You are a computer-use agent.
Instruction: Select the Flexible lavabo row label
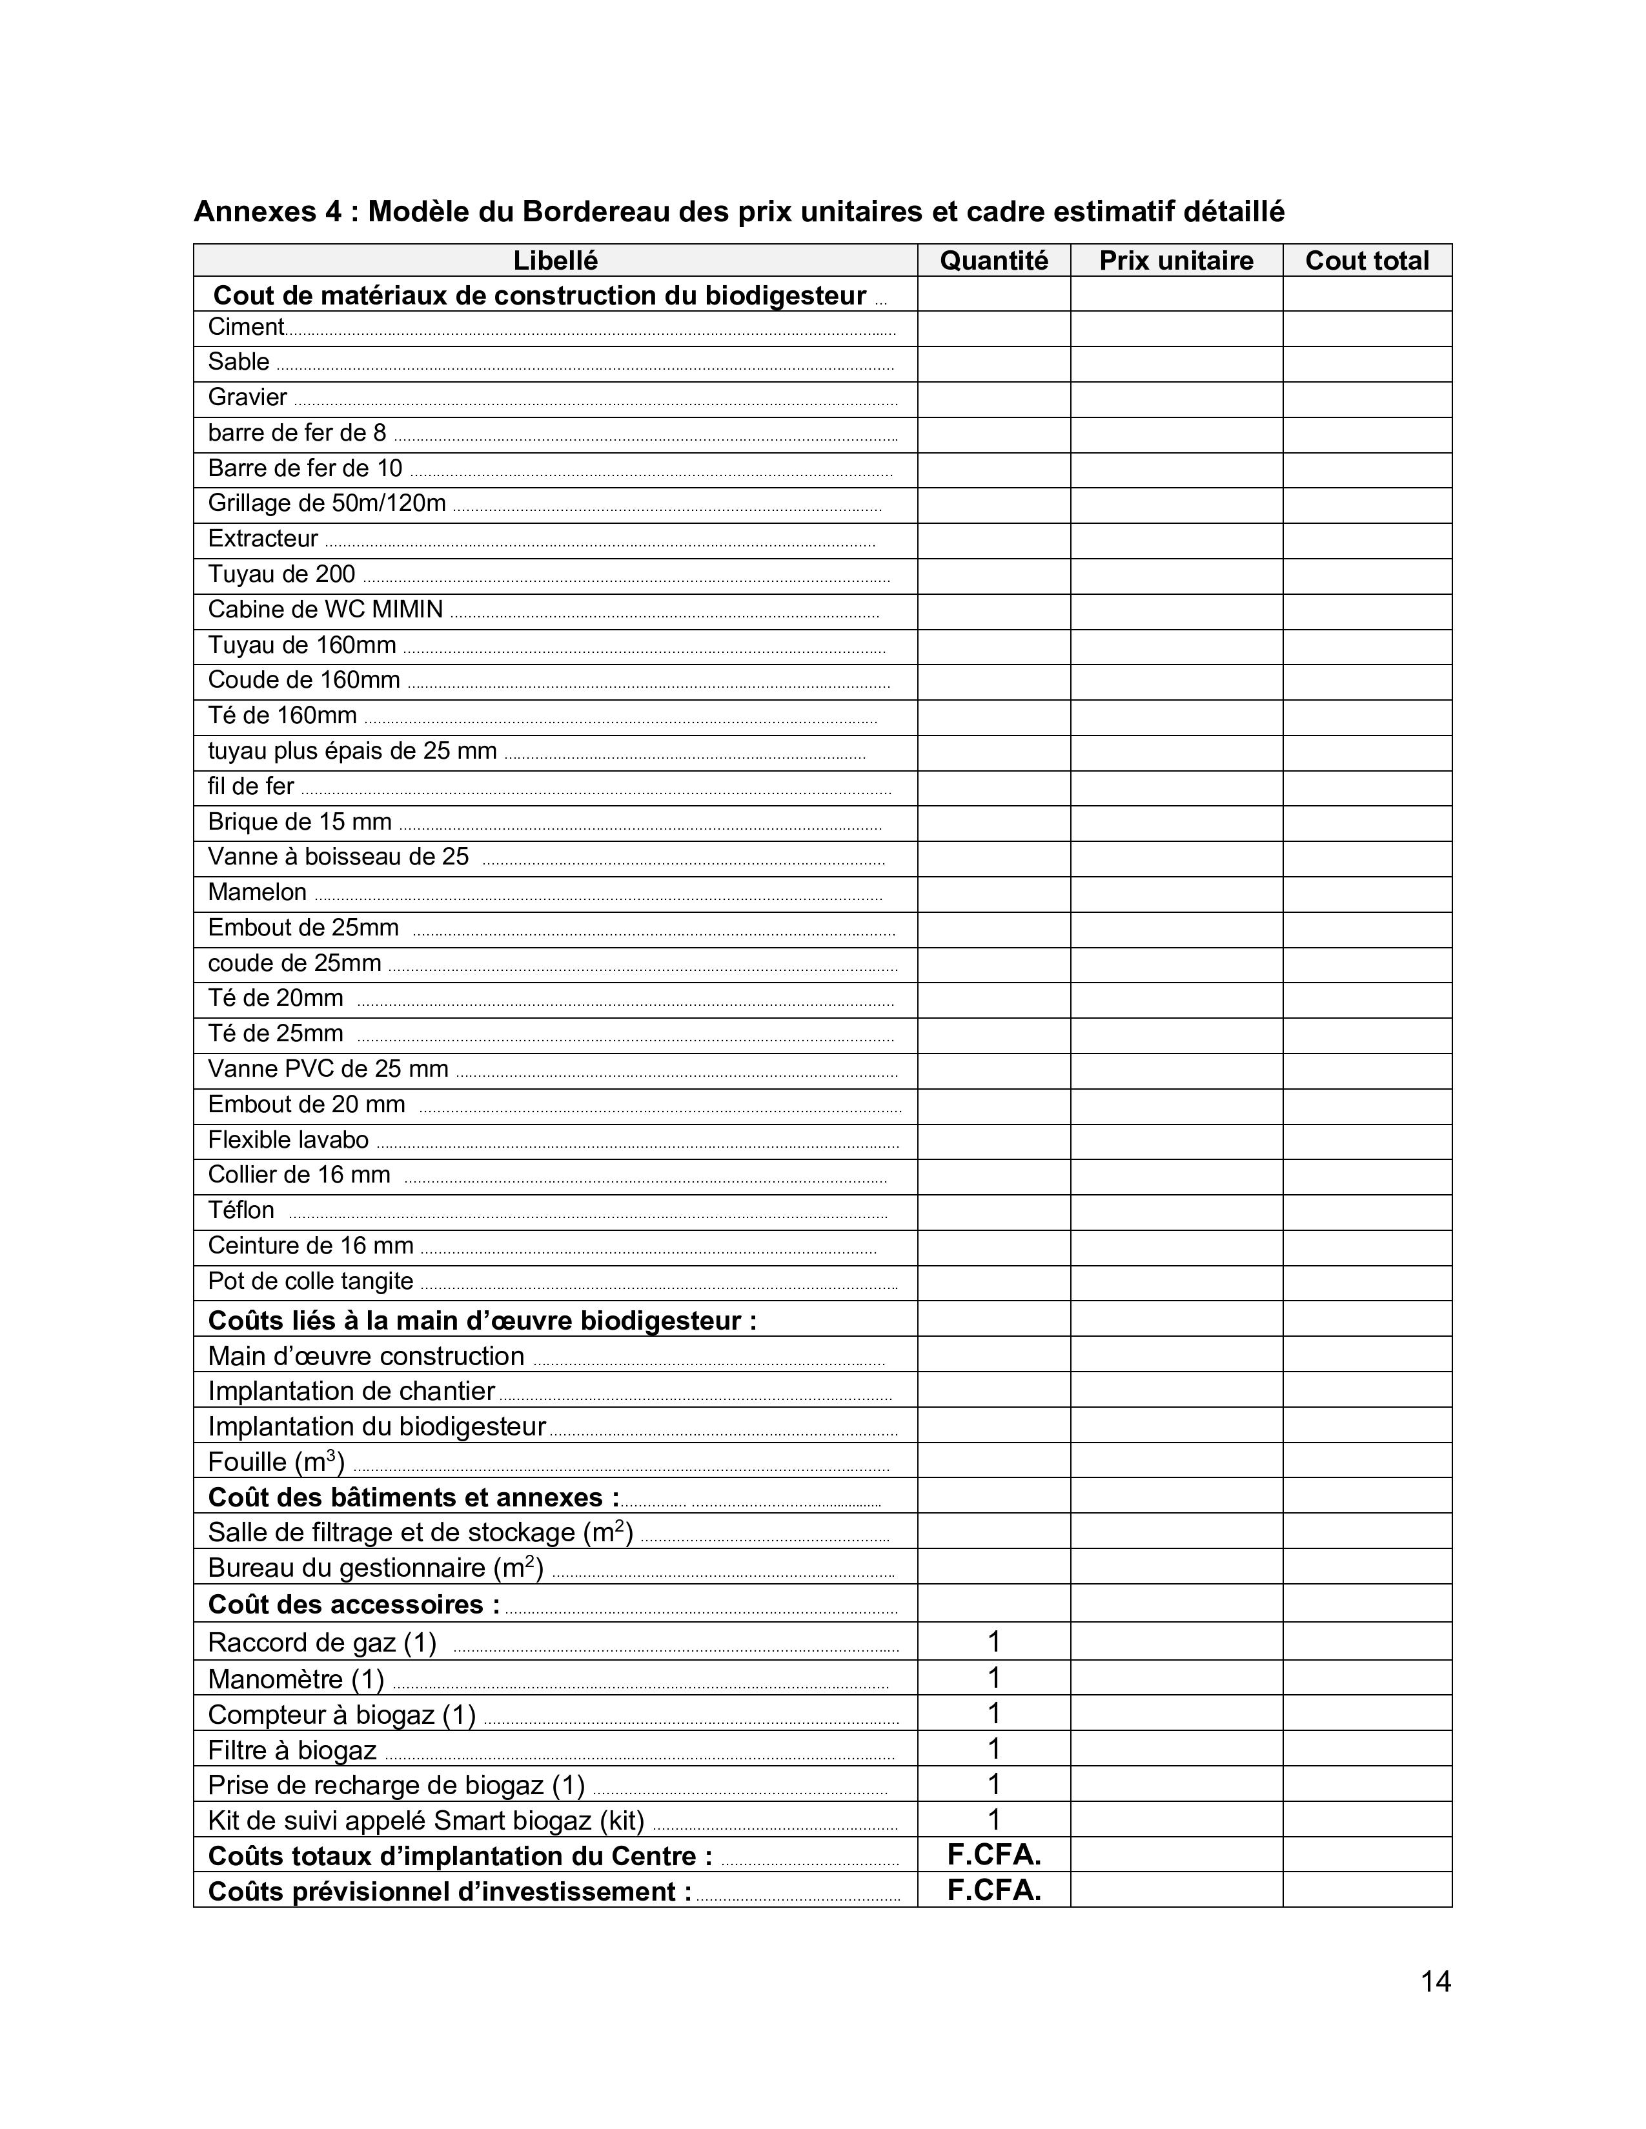288,1141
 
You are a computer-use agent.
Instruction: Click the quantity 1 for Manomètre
993,1679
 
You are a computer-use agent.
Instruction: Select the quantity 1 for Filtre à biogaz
993,1750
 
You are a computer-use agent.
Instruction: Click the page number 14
1436,1982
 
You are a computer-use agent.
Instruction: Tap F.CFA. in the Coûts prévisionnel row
993,1891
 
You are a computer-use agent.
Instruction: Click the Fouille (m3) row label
276,1462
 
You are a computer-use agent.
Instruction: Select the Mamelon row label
258,893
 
